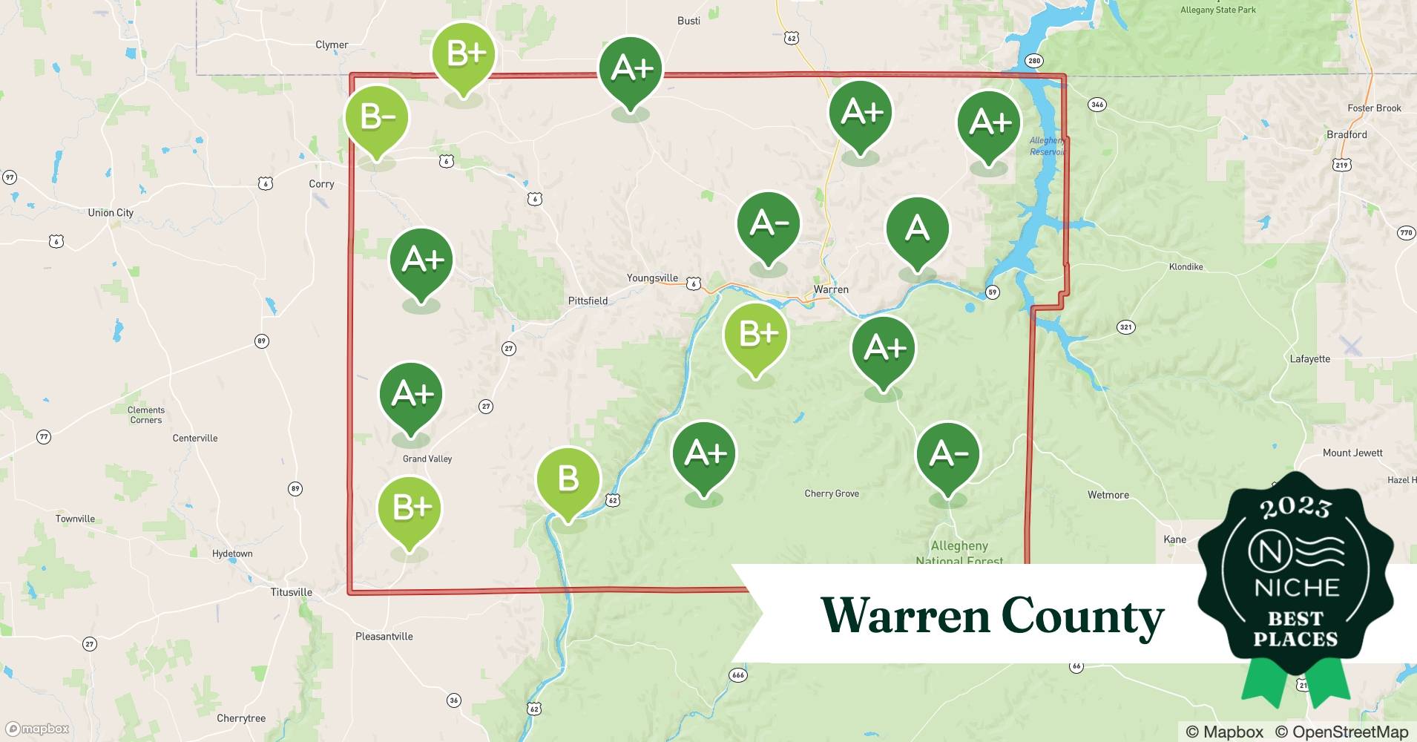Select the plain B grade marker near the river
[568, 479]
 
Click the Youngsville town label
[652, 278]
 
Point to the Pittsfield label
[588, 301]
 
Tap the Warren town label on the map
[831, 289]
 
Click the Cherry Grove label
[832, 493]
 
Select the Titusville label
[291, 592]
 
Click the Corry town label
[321, 184]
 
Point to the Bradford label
[1347, 134]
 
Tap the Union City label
[111, 213]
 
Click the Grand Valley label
[427, 459]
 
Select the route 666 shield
[737, 675]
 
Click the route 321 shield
[1126, 327]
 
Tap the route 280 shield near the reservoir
[1033, 61]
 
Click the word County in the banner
[1082, 616]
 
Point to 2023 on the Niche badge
[1295, 508]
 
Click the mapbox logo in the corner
[37, 729]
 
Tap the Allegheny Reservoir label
[1047, 146]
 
